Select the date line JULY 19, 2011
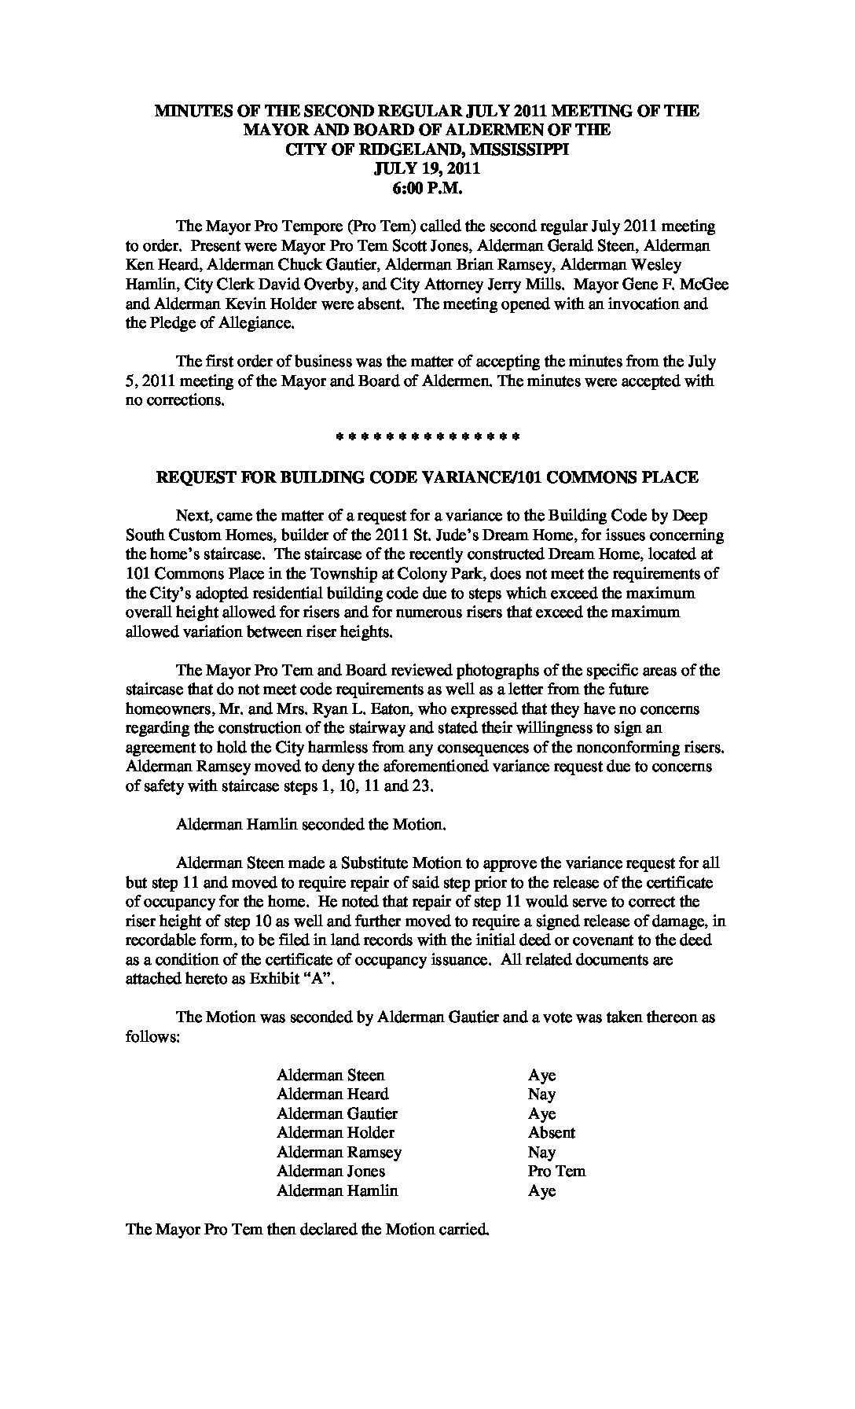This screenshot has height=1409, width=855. tap(427, 168)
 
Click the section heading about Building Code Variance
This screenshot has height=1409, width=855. tap(427, 477)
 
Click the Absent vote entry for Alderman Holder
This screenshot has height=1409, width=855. tap(552, 1132)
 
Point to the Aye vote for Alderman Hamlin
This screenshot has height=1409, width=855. tap(542, 1190)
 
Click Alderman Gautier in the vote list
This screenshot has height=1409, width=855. tap(337, 1113)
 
